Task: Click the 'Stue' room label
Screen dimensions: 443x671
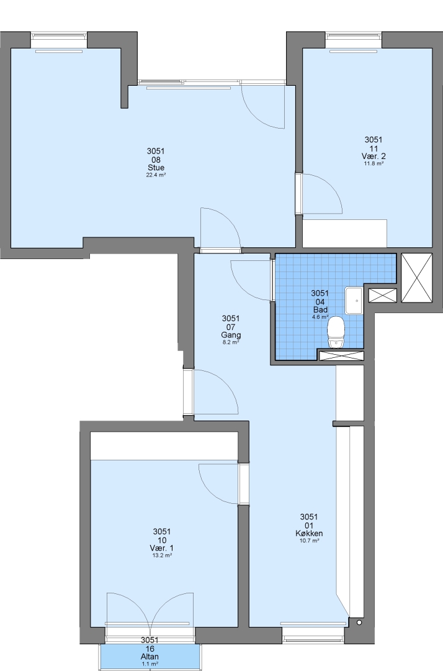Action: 156,167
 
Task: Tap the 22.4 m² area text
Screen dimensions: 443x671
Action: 156,175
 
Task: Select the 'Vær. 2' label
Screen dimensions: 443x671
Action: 374,156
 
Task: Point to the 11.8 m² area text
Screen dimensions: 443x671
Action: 374,163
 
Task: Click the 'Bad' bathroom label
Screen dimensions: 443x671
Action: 320,309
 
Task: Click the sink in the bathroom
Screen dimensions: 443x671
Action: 354,301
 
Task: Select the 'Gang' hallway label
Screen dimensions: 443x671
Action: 231,335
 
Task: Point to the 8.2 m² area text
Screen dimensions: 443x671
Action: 231,342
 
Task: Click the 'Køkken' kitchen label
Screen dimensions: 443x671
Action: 309,533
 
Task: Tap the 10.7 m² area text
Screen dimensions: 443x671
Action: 309,541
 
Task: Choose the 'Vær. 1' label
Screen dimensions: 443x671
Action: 161,548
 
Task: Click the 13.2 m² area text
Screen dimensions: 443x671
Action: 161,555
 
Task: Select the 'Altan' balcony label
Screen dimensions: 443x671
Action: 150,657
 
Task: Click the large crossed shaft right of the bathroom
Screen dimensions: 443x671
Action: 417,278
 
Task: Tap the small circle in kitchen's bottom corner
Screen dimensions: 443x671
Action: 359,623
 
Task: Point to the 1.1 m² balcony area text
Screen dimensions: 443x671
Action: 150,664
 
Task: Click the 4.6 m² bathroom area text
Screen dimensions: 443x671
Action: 320,317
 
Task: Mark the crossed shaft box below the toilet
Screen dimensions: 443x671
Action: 341,355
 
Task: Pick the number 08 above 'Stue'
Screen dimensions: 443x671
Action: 156,159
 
